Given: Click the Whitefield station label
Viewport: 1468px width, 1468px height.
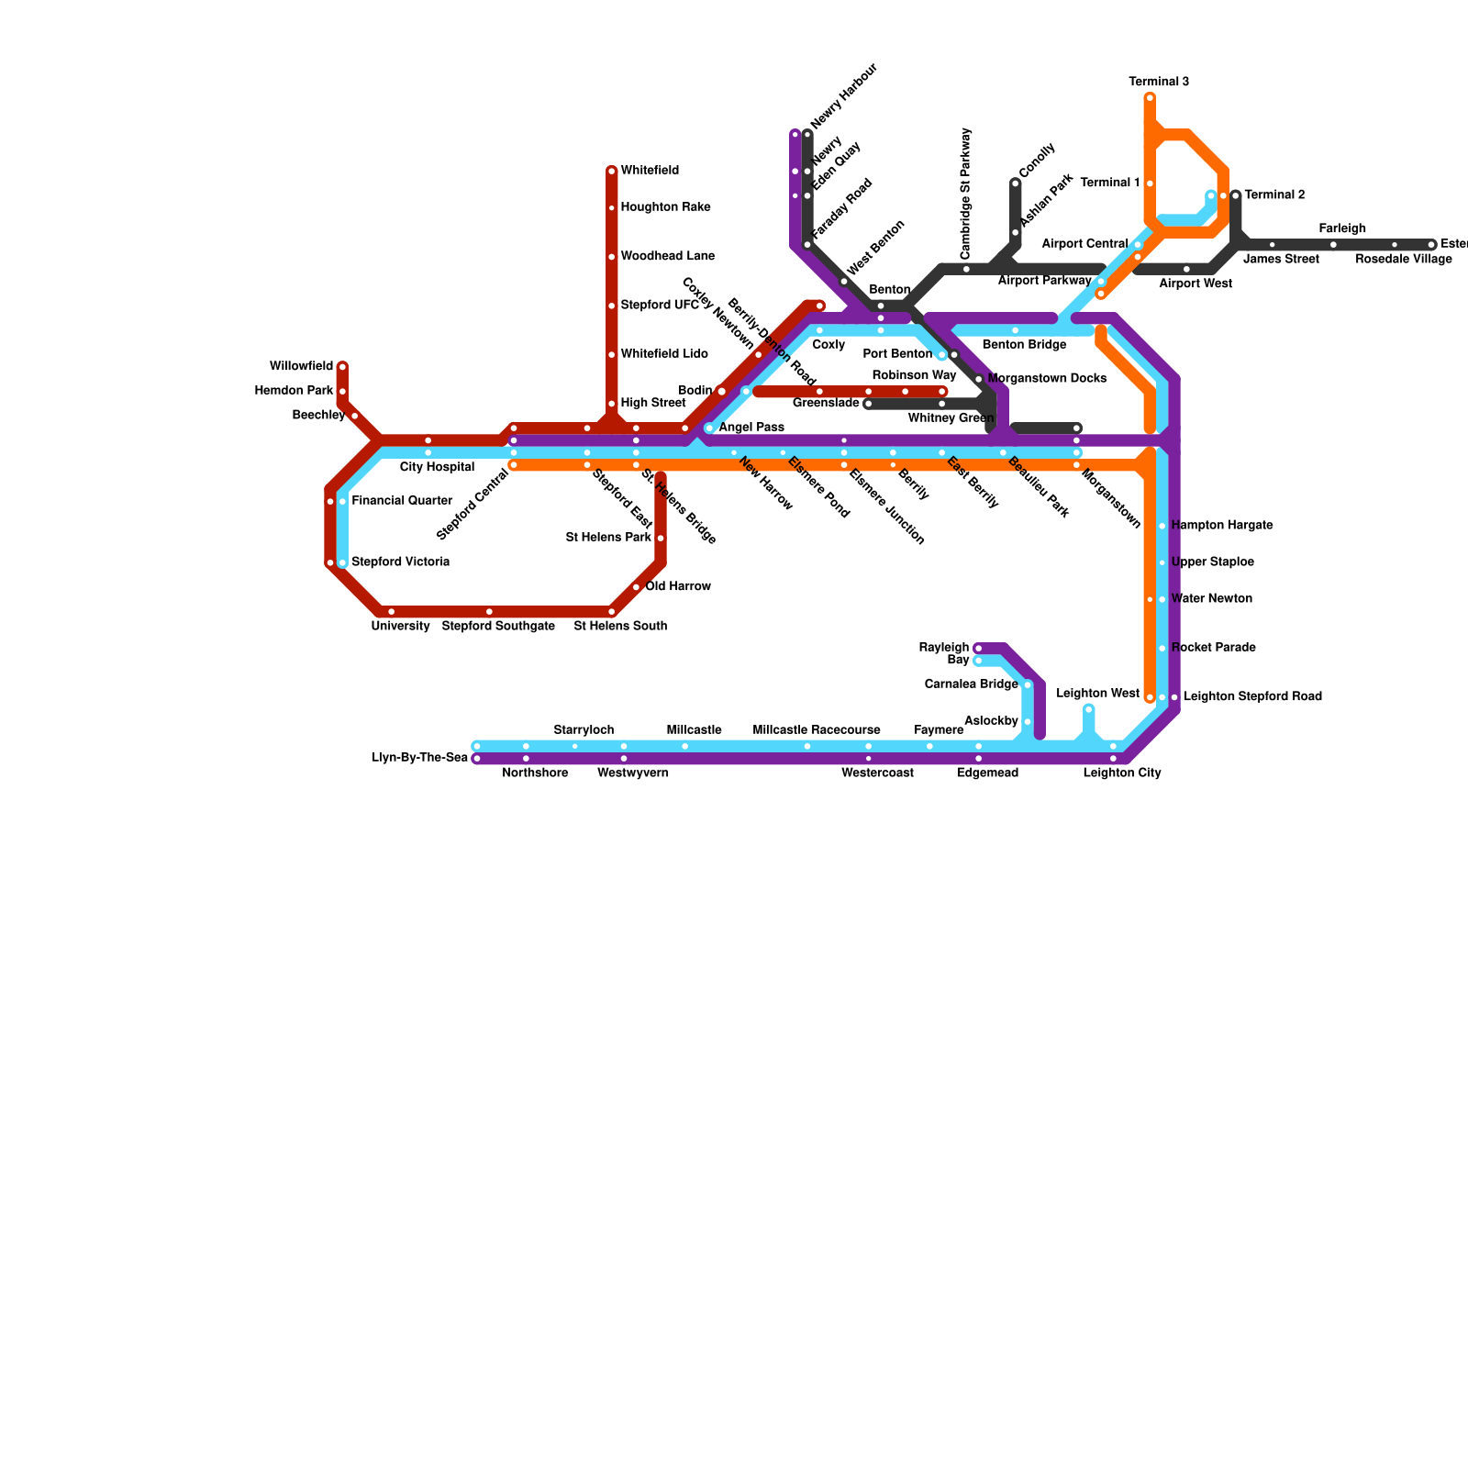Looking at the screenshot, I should pos(650,171).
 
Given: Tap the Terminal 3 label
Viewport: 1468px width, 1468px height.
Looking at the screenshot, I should pos(1159,82).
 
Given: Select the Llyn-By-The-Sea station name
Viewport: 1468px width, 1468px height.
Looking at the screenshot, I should pos(420,758).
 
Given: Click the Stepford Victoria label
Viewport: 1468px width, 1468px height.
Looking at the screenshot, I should pos(400,562).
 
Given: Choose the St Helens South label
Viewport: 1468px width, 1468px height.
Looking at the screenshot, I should pos(620,627).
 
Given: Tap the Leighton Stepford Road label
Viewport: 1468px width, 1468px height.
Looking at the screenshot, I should pos(1252,696).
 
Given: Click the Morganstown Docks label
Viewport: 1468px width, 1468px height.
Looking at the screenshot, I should pos(1047,379).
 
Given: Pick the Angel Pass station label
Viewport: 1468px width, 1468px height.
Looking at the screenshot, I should pos(751,428).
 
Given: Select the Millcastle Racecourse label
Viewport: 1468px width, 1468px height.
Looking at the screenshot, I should pos(817,730).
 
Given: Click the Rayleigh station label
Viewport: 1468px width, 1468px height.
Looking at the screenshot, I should pos(944,648).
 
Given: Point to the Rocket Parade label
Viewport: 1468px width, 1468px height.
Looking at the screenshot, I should pos(1213,648).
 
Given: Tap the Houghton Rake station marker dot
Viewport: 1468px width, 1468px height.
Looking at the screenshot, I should pos(612,208).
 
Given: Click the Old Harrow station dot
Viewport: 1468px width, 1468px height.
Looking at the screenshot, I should pos(636,587).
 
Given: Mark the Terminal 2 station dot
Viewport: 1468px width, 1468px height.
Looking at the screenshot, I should pos(1236,195).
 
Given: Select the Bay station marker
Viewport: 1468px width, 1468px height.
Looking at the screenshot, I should pos(979,661).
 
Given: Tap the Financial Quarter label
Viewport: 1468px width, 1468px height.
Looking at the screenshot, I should pos(402,501).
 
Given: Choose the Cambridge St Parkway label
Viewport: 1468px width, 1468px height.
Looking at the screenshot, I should pos(965,195).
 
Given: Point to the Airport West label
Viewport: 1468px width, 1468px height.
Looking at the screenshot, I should pos(1195,284).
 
